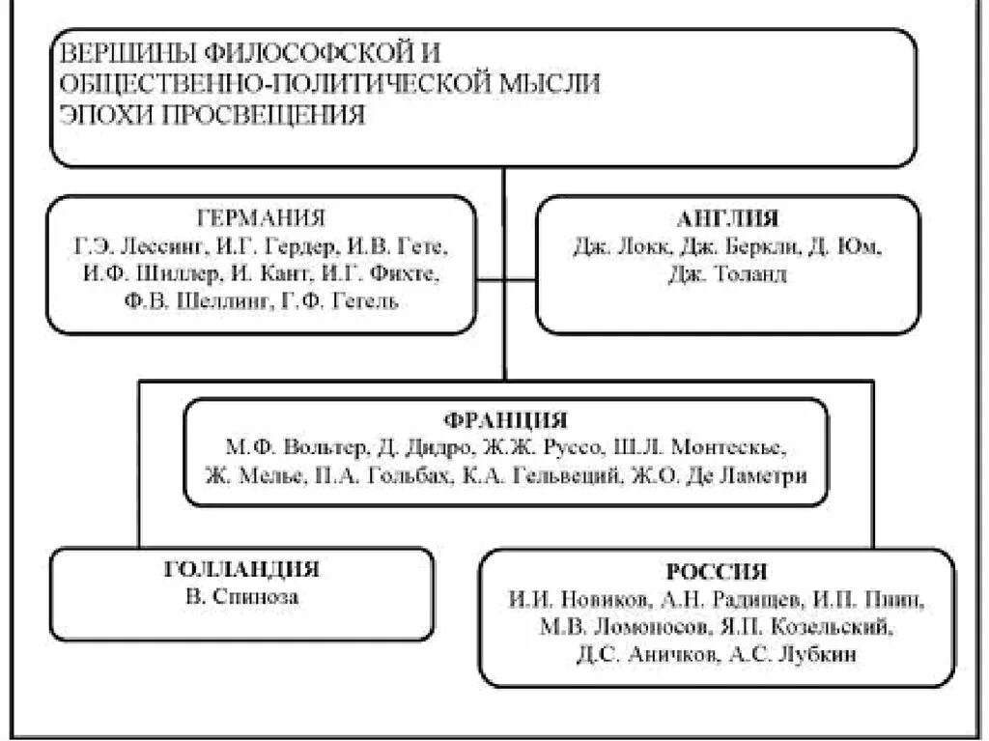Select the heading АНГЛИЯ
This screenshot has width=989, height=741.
coord(727,218)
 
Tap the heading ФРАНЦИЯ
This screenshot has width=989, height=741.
coord(506,421)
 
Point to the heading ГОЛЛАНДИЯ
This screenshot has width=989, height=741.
coord(241,569)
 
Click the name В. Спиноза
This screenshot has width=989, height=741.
coord(241,596)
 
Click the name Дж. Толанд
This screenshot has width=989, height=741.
coord(727,274)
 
